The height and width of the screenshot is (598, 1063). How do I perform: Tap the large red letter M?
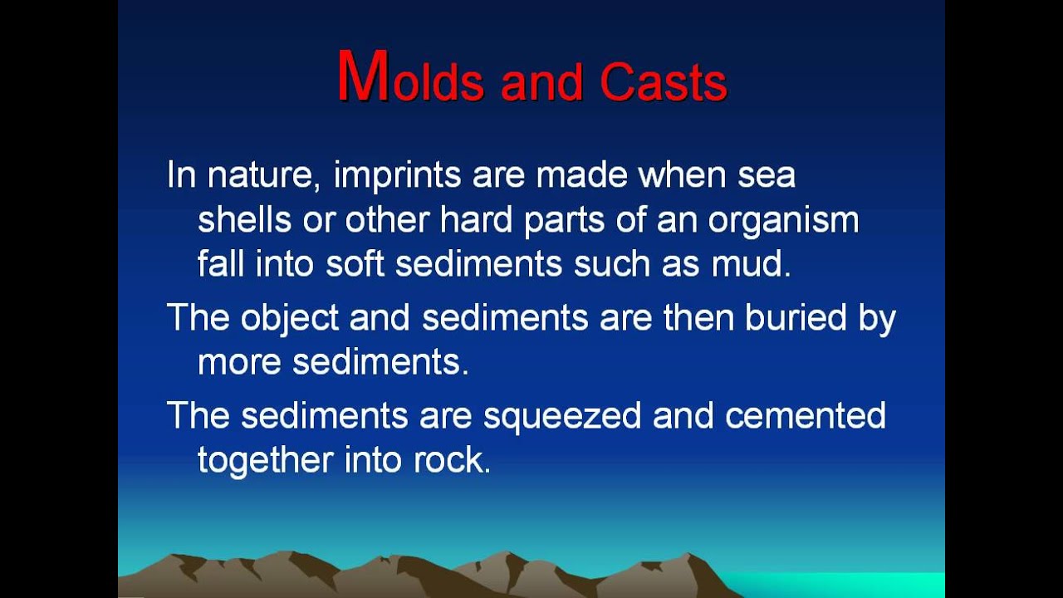click(363, 77)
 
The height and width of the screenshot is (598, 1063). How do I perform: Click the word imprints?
click(398, 176)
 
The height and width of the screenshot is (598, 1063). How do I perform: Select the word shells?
click(244, 220)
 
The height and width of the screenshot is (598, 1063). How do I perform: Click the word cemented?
click(805, 416)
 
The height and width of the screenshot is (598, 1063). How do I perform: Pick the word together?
click(266, 460)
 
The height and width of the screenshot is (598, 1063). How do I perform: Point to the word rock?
click(451, 460)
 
